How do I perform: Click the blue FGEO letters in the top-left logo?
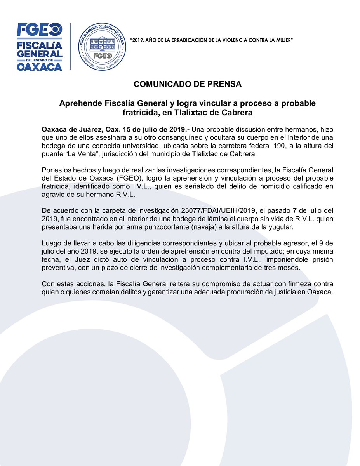point(39,29)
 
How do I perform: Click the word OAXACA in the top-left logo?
point(39,67)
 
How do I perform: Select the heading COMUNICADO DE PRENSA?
point(188,84)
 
